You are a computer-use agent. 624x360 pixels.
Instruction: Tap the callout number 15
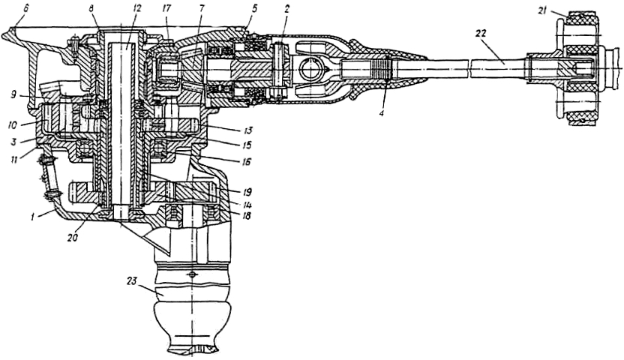tap(226, 145)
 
